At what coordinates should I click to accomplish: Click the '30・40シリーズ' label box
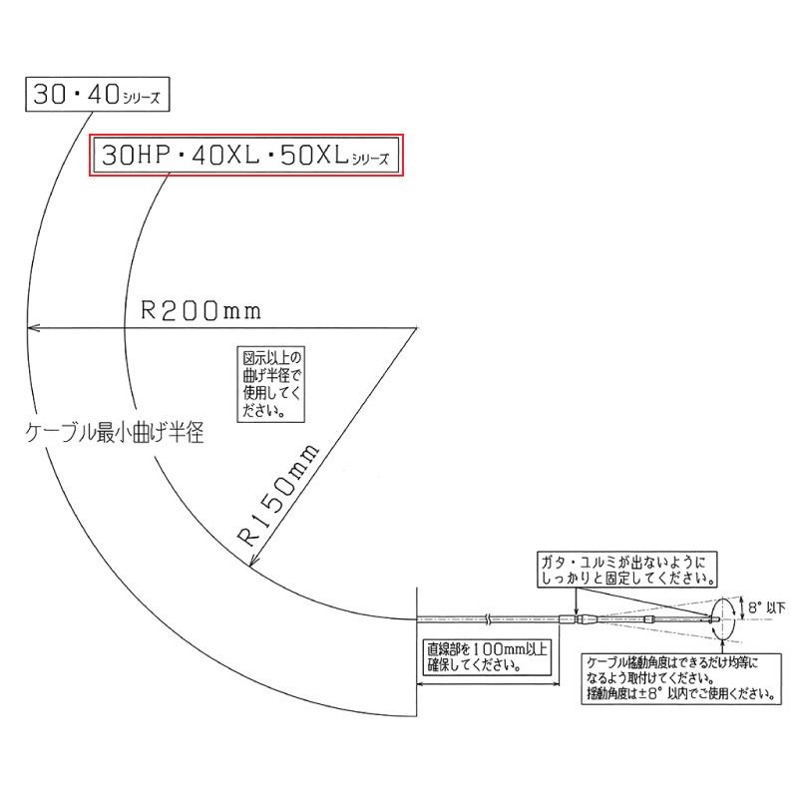[x=97, y=97]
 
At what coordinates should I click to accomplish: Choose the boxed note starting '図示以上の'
[x=272, y=382]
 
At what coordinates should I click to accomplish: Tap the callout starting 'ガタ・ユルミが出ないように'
[x=629, y=568]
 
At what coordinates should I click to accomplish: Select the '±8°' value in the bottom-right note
[x=654, y=693]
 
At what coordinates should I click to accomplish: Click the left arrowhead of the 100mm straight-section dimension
[x=420, y=685]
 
